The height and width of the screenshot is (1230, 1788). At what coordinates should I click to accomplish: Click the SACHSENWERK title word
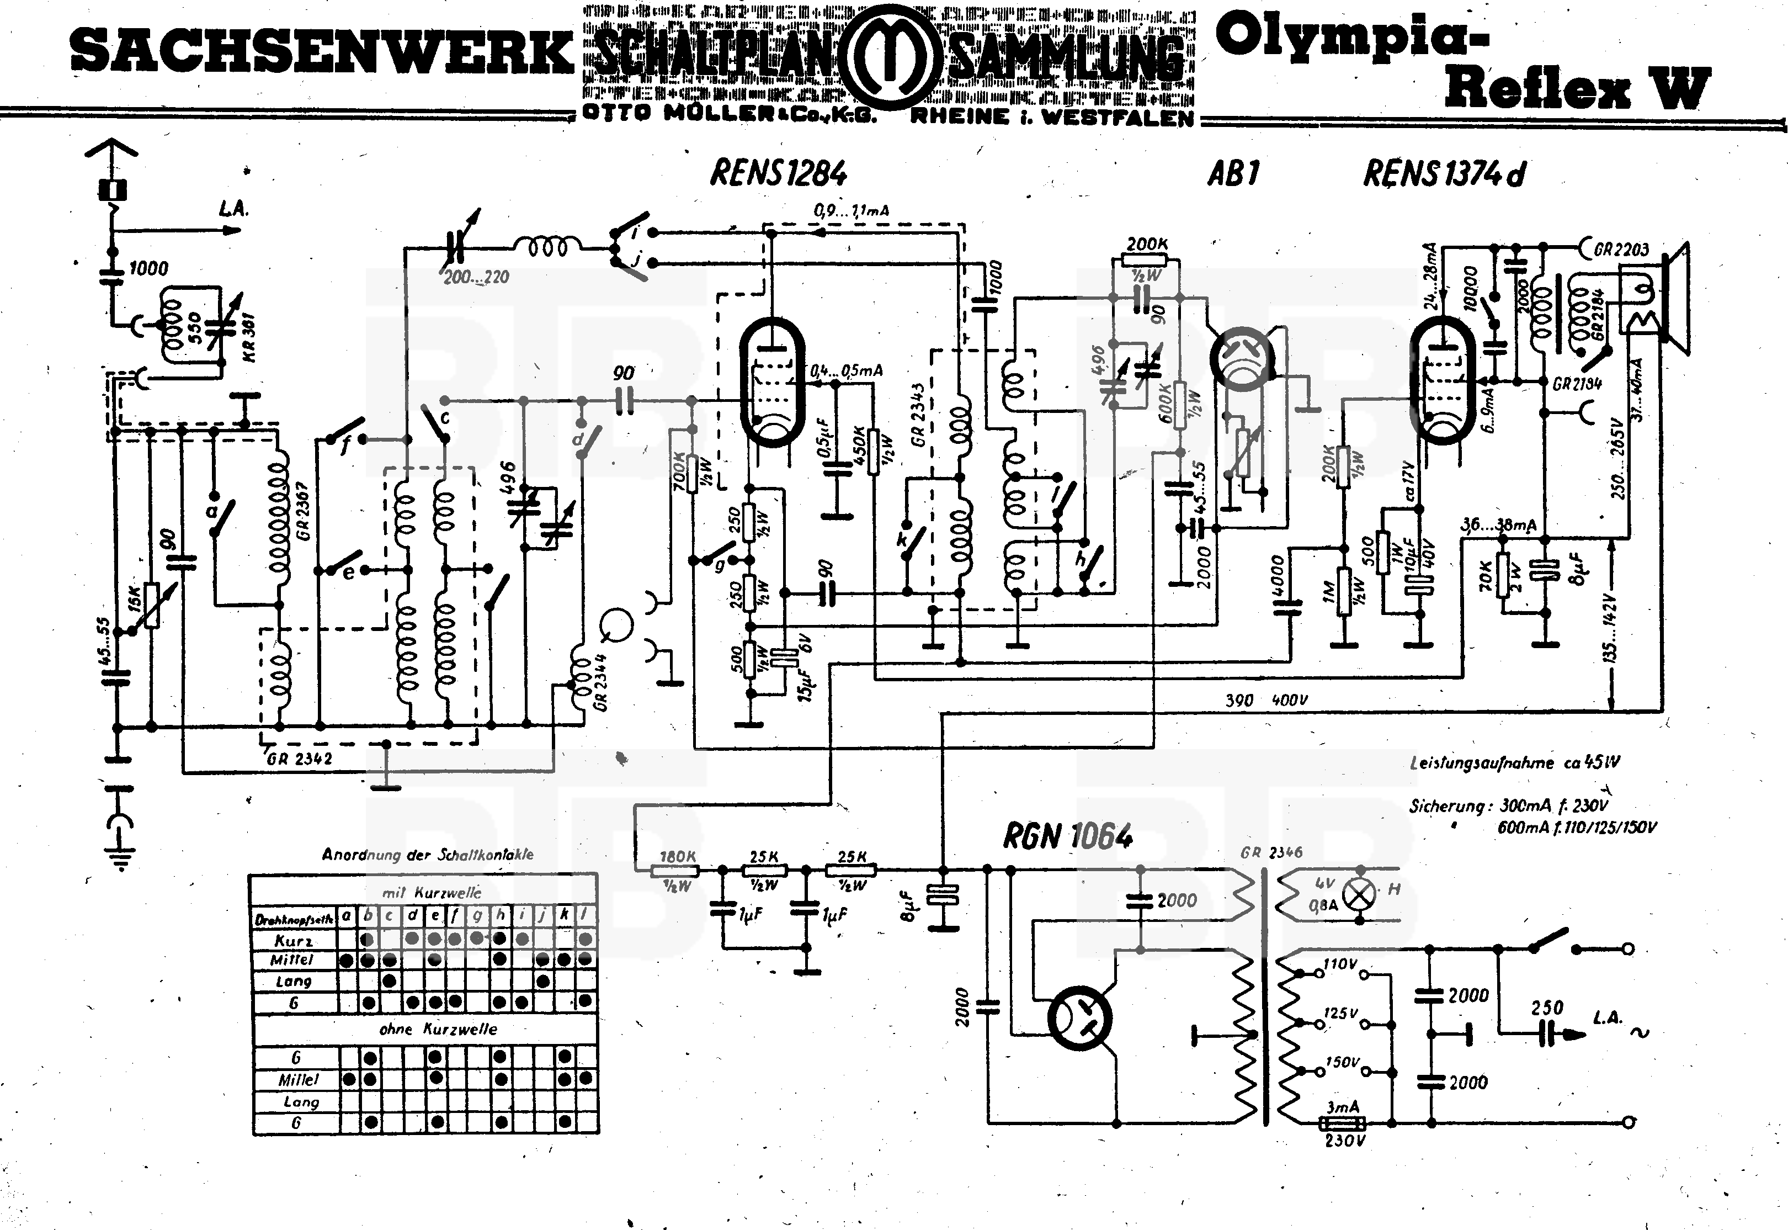(x=322, y=52)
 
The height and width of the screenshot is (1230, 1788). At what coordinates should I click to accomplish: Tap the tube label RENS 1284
(x=778, y=173)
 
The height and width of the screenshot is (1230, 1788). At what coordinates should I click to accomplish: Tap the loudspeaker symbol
(x=1664, y=300)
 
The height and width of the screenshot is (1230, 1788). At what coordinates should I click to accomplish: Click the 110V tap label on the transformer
(x=1340, y=964)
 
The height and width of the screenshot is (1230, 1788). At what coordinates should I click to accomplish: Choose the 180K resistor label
(x=678, y=857)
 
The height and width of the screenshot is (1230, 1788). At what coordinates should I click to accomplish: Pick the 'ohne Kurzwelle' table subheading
(x=438, y=1030)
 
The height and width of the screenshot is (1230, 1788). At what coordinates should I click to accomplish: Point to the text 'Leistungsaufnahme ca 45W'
(x=1514, y=763)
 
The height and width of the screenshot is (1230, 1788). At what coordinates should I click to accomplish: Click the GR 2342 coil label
(x=299, y=759)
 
